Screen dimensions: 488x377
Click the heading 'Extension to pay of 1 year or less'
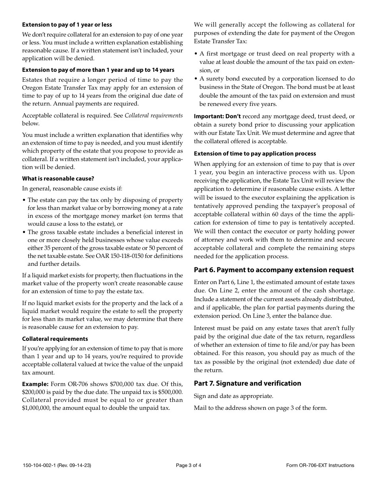67,25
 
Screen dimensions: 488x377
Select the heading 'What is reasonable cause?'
58,179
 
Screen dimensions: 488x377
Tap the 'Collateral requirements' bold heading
55,339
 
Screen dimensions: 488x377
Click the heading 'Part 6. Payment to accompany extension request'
273,270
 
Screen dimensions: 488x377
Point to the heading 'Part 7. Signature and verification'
247,383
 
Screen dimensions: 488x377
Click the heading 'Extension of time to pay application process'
255,154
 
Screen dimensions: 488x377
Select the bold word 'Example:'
35,384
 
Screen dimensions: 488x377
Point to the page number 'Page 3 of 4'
188,465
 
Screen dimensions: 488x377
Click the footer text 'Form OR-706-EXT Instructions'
320,465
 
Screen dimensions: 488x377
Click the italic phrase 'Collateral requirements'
154,115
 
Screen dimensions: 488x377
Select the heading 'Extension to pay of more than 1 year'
98,70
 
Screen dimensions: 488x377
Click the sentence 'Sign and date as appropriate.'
233,396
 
